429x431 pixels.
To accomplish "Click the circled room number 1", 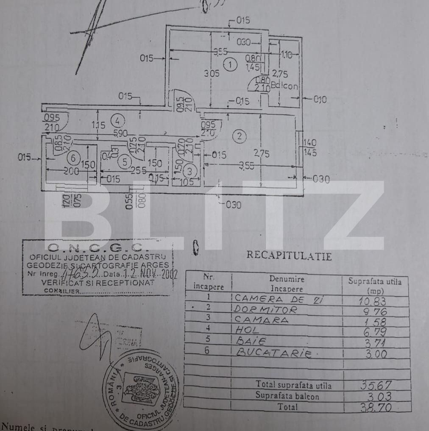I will tap(230, 65).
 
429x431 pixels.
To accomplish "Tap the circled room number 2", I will tap(240, 136).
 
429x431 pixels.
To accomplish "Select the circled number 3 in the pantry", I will tap(190, 171).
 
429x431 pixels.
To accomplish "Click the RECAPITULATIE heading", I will tap(289, 256).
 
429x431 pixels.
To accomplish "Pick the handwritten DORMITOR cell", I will tap(265, 310).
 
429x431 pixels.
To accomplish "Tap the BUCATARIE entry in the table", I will tap(273, 353).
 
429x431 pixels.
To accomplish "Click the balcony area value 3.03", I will tap(376, 397).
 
